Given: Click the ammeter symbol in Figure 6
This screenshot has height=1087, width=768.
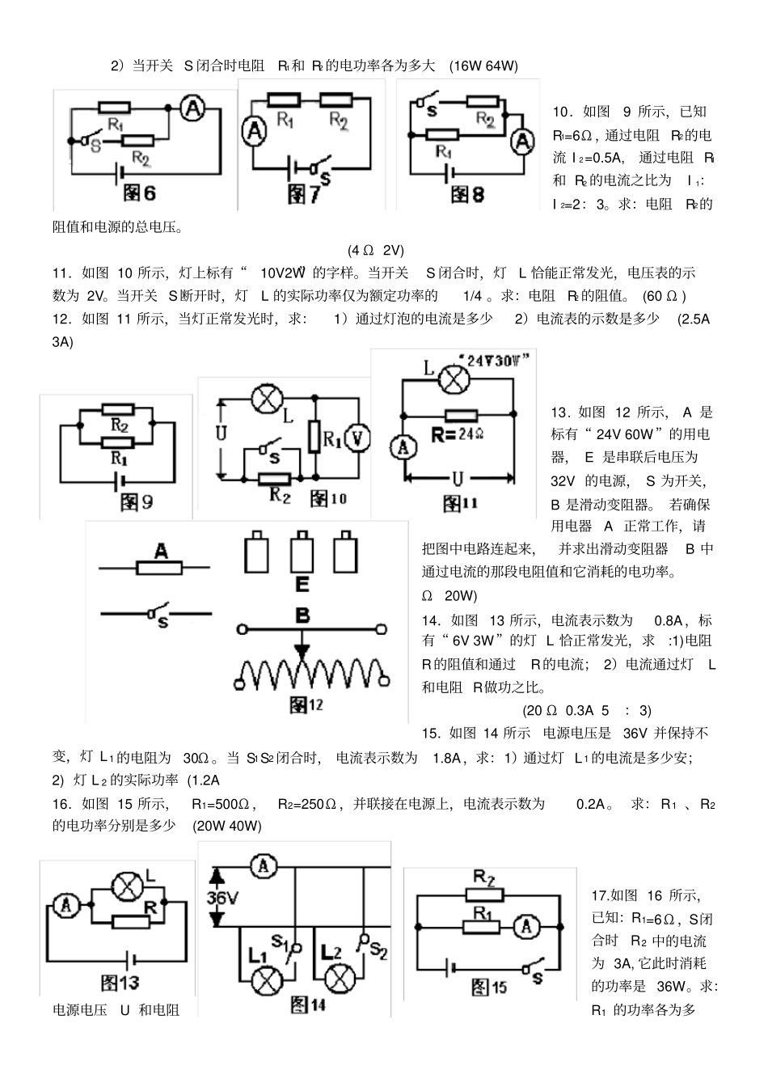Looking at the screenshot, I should point(192,108).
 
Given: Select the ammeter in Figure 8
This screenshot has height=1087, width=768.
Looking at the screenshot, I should point(524,141).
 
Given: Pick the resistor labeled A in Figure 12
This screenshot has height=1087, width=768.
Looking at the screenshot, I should point(161,568).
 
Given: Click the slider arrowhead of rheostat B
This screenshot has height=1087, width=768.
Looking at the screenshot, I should point(302,649).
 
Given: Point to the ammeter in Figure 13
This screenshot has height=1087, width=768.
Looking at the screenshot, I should point(66,906).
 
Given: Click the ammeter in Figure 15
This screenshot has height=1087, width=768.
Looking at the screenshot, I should point(527,927).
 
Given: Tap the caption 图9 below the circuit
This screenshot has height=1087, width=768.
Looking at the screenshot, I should point(136,501).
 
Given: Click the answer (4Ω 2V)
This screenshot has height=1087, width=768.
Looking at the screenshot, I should point(376,250).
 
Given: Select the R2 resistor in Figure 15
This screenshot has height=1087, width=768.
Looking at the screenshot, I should point(484,893).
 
